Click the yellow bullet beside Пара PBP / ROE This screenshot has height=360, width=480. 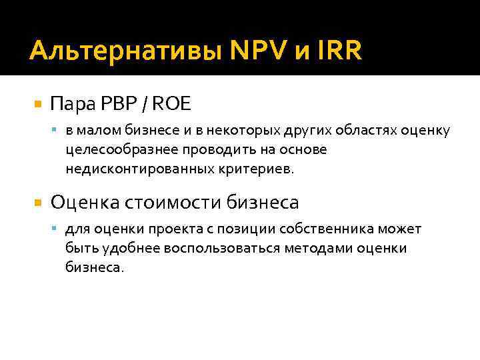click(x=37, y=105)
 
